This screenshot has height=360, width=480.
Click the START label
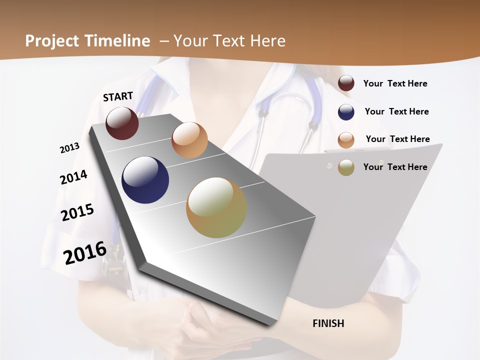[118, 96]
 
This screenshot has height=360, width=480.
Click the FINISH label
[328, 323]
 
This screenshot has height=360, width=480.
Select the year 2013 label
[69, 148]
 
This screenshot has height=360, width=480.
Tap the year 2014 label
[73, 177]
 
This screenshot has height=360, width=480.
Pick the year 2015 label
[77, 212]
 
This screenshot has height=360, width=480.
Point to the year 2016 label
[85, 252]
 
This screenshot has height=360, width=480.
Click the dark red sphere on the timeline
[122, 123]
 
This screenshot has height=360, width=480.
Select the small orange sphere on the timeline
[189, 140]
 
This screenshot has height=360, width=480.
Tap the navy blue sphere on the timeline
[145, 180]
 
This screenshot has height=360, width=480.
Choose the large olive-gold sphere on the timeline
[216, 207]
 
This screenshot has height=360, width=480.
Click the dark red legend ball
[346, 83]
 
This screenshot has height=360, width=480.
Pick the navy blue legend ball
[346, 112]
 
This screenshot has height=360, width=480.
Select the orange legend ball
[346, 140]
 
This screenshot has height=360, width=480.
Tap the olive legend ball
[346, 167]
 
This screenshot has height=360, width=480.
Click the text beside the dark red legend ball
[395, 83]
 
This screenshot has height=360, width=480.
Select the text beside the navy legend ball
[396, 111]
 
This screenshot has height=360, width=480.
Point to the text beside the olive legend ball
[395, 167]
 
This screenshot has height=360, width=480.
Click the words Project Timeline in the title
[87, 41]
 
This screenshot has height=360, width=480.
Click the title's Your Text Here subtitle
[229, 41]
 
